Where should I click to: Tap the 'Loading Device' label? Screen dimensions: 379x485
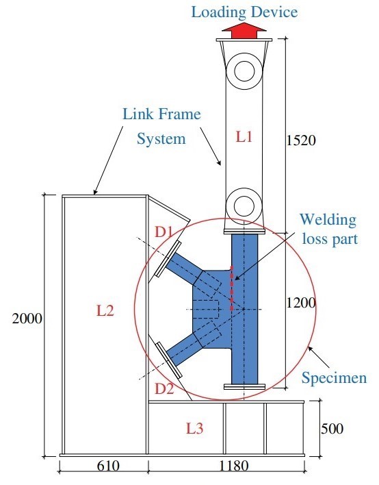pyautogui.click(x=244, y=12)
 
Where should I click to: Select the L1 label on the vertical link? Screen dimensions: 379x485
pyautogui.click(x=244, y=137)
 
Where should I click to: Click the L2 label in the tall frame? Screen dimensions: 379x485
pyautogui.click(x=105, y=310)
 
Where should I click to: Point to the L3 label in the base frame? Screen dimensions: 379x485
pyautogui.click(x=194, y=428)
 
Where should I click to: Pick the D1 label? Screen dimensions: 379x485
pyautogui.click(x=163, y=232)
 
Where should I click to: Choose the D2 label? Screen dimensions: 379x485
pyautogui.click(x=164, y=388)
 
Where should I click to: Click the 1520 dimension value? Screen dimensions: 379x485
pyautogui.click(x=301, y=140)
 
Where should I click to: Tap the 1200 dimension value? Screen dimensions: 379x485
pyautogui.click(x=301, y=303)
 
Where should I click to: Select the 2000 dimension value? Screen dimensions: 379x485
pyautogui.click(x=27, y=319)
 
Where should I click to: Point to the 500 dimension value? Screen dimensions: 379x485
pyautogui.click(x=332, y=429)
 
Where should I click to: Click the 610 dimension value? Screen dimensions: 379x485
pyautogui.click(x=108, y=466)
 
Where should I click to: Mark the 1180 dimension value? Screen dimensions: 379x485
pyautogui.click(x=234, y=466)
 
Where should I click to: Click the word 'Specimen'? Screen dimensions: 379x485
pyautogui.click(x=335, y=378)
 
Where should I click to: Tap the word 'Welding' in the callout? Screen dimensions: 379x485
pyautogui.click(x=328, y=220)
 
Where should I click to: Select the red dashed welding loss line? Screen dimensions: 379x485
pyautogui.click(x=232, y=288)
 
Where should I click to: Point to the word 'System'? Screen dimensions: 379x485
pyautogui.click(x=161, y=139)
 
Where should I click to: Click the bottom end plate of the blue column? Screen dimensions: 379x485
pyautogui.click(x=244, y=386)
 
